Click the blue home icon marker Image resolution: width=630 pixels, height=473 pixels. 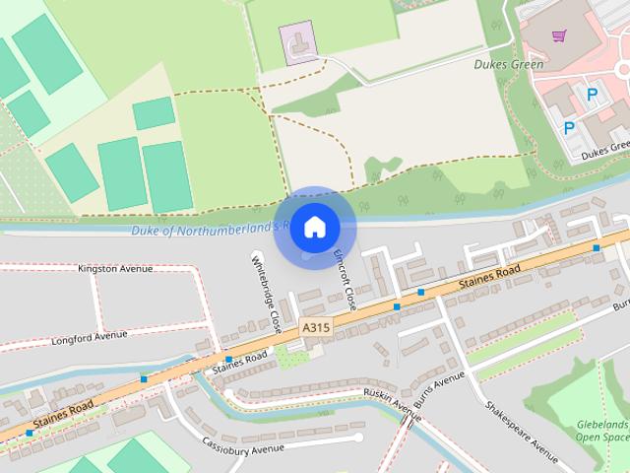point(314,227)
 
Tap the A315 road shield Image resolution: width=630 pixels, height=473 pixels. point(315,327)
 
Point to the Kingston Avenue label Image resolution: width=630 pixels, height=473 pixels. point(116,268)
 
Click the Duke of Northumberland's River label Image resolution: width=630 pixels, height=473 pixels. point(207,230)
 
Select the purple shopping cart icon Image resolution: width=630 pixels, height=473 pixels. point(559,36)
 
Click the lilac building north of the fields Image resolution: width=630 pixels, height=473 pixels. point(299,41)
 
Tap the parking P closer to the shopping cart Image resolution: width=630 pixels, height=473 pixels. point(592,95)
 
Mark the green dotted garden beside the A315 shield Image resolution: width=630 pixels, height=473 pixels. point(291,354)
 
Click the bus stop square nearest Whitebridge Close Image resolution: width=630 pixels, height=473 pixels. point(228,359)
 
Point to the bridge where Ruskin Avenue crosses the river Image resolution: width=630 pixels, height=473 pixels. point(408,421)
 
